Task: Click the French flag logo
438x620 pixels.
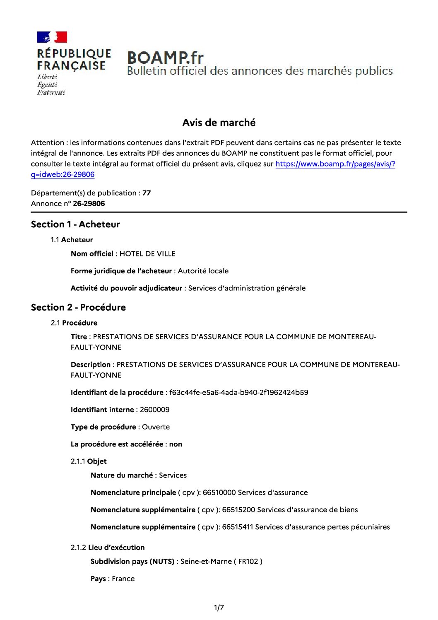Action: click(52, 37)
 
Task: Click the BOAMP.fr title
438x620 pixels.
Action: click(165, 58)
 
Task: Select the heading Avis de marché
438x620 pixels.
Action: click(219, 123)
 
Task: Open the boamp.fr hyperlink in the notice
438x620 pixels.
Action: click(335, 164)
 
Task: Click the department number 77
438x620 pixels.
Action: click(147, 193)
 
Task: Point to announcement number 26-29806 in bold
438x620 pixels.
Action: click(89, 203)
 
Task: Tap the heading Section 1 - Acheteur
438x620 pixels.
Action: click(75, 224)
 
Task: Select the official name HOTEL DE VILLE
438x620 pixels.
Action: click(147, 254)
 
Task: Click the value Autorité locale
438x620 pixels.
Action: click(203, 271)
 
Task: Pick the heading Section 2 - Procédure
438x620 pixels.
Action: click(78, 307)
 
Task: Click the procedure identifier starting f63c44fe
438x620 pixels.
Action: click(238, 392)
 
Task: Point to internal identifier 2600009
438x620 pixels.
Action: click(154, 410)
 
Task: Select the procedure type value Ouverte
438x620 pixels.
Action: click(156, 427)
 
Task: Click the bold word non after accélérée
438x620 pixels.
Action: click(176, 444)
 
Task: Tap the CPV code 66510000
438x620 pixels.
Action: click(219, 492)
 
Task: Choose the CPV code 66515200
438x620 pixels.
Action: click(238, 510)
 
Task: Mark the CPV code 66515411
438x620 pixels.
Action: click(238, 527)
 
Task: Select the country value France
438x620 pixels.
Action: click(123, 579)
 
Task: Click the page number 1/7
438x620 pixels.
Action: click(219, 608)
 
